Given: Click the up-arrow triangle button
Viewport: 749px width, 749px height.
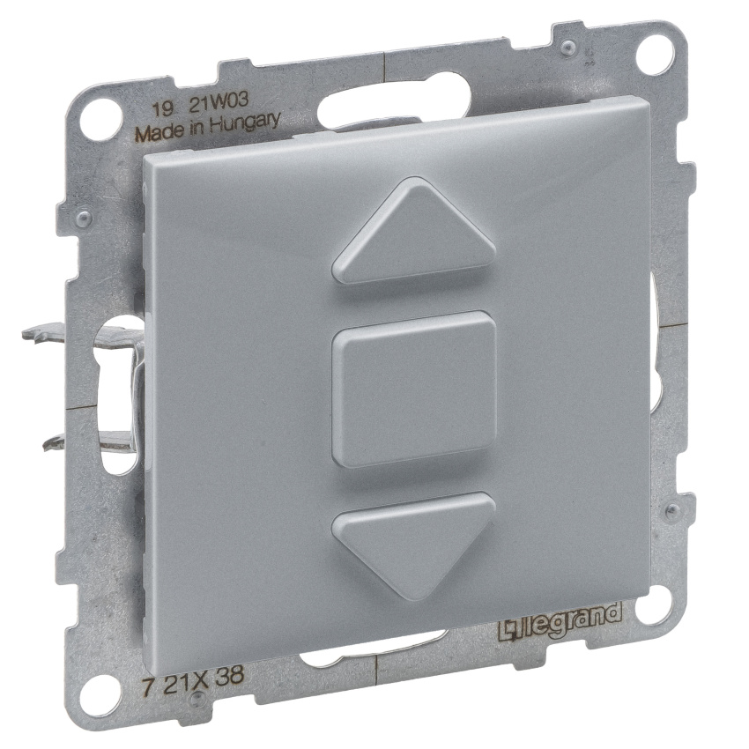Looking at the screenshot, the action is [414, 234].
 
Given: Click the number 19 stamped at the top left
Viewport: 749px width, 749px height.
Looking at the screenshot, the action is [162, 111].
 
